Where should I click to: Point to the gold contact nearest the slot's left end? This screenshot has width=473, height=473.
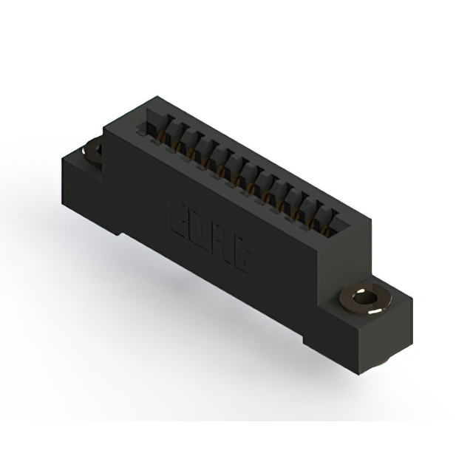[161, 135]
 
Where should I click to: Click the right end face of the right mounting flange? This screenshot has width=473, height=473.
[395, 333]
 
